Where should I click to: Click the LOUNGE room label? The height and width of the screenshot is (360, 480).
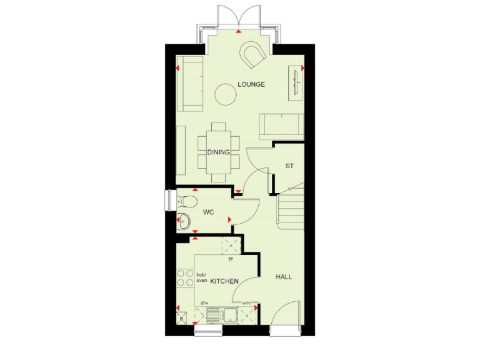pos(251,84)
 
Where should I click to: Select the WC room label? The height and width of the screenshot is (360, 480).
pos(209,212)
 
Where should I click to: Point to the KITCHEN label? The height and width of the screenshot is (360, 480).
pos(224,282)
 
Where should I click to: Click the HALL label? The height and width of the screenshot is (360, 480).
pos(284,276)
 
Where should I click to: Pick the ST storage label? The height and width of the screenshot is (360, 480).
pos(289,166)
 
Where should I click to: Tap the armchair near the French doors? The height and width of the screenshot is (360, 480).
pos(254,55)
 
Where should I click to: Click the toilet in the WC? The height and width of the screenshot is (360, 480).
pos(186,201)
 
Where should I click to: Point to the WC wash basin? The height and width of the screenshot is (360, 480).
pos(184,220)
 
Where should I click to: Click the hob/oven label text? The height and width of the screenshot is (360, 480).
pos(201,277)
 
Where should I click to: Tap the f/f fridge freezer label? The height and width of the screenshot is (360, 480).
pos(230,259)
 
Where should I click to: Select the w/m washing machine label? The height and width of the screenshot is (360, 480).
pos(246,303)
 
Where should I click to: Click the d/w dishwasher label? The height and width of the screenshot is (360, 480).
pos(204,303)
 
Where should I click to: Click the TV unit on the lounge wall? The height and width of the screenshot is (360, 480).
pos(295,83)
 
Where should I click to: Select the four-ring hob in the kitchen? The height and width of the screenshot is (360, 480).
pos(186,277)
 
